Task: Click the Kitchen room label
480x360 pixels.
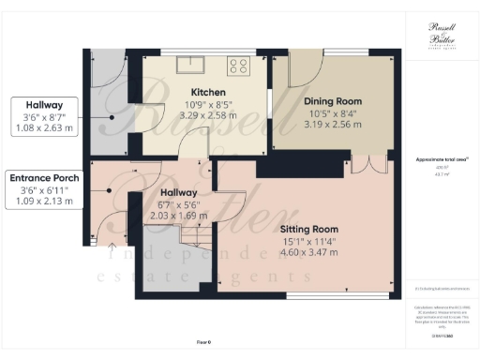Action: coord(206,92)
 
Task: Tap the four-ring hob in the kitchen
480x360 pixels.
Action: coord(239,66)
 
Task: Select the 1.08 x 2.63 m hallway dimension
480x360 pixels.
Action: coord(45,129)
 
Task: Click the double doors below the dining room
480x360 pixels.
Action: coord(375,166)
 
